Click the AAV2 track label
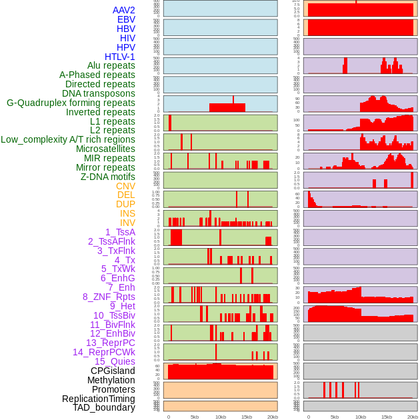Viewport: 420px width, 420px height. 123,10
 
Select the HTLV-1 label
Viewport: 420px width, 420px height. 119,57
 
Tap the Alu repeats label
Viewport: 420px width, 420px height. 111,66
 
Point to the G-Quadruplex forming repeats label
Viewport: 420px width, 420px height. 71,103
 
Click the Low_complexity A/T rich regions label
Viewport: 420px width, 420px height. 68,139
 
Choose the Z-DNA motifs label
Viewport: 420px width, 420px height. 107,177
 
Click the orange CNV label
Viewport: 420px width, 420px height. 125,186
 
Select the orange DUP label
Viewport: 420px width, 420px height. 125,204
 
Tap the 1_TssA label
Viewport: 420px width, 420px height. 120,232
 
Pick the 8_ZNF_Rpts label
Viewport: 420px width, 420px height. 109,297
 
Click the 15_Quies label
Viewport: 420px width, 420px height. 115,361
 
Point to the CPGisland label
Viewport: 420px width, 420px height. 113,371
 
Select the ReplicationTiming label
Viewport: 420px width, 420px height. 98,399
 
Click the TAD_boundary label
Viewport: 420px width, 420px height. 103,407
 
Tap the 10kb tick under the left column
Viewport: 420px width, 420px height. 220,417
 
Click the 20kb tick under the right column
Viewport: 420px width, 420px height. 413,417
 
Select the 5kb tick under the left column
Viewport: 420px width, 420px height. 195,417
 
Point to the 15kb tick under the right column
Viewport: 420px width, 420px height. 386,417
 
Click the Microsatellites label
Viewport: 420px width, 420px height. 105,149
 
